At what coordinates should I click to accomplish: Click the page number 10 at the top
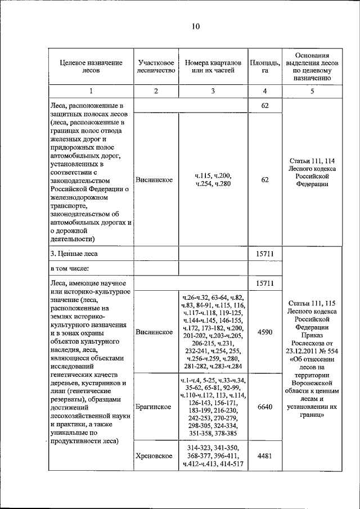195,26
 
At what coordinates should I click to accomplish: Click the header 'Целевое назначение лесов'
91,66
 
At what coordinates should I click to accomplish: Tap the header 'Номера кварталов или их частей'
213,66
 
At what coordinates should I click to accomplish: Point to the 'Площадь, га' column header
264,66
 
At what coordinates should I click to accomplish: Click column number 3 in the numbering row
213,91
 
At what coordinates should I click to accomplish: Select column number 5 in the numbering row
312,91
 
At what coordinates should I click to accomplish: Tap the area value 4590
264,332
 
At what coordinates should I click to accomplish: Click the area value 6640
264,407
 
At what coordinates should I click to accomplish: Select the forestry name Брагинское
154,407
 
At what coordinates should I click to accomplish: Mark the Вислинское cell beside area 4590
154,332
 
